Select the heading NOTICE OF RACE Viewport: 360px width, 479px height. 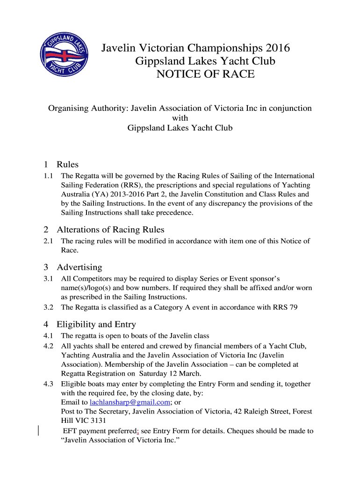pyautogui.click(x=205, y=74)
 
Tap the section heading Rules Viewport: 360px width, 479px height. pyautogui.click(x=67, y=165)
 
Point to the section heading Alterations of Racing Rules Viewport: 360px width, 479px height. pyautogui.click(x=110, y=230)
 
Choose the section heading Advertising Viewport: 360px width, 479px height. pyautogui.click(x=79, y=268)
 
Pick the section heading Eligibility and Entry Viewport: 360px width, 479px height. pyautogui.click(x=96, y=325)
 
